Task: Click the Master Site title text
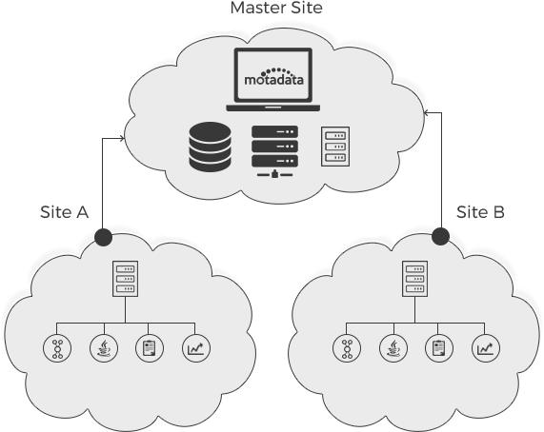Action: click(x=276, y=8)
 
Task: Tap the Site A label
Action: click(x=64, y=212)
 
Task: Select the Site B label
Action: click(x=480, y=212)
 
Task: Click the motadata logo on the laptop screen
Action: click(x=273, y=76)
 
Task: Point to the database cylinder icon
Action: click(x=210, y=147)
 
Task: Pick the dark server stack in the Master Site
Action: click(x=274, y=151)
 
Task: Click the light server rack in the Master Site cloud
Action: click(x=335, y=147)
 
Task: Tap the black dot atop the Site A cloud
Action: click(x=104, y=237)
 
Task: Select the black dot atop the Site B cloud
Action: click(x=441, y=236)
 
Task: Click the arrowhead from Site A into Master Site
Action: click(x=122, y=139)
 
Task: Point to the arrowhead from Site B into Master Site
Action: click(x=427, y=112)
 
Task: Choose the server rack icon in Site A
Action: click(x=125, y=279)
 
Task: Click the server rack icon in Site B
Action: click(x=415, y=279)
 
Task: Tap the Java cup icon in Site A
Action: click(x=104, y=348)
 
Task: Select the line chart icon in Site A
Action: click(x=196, y=348)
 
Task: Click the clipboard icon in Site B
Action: click(x=439, y=348)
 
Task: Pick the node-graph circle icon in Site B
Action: click(x=347, y=348)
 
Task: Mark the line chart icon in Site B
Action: click(x=486, y=348)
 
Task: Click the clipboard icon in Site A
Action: click(x=150, y=348)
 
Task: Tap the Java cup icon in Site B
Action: click(x=393, y=348)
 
